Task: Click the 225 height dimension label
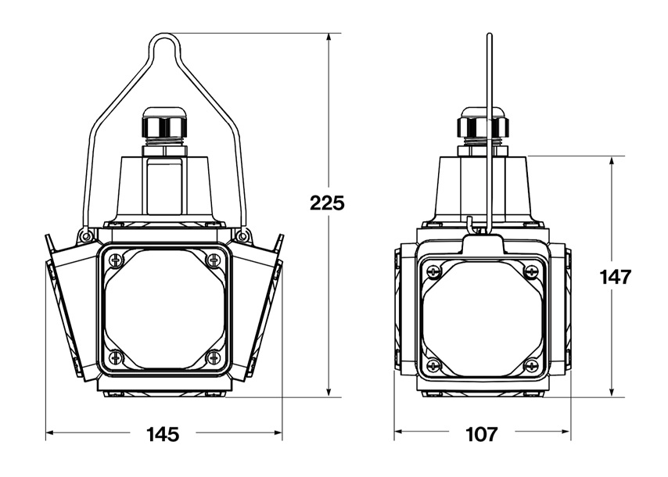coord(327,203)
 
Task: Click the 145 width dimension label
coord(163,435)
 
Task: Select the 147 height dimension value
coord(615,277)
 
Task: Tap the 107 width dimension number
coord(482,435)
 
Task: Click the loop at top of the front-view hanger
coord(164,35)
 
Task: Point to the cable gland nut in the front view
coord(164,127)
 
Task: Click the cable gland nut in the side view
coord(483,127)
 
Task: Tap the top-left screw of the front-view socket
coord(116,260)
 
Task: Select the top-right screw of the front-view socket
coord(212,260)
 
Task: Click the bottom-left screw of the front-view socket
coord(116,356)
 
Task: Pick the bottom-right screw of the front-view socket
coord(212,356)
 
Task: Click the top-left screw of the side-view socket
coord(433,271)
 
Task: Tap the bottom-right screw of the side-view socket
coord(531,364)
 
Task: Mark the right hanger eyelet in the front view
coord(242,235)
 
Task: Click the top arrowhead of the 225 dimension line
coord(329,38)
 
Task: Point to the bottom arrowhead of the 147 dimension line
coord(612,393)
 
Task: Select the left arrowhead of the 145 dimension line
coord(50,432)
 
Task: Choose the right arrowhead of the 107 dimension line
coord(566,432)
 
